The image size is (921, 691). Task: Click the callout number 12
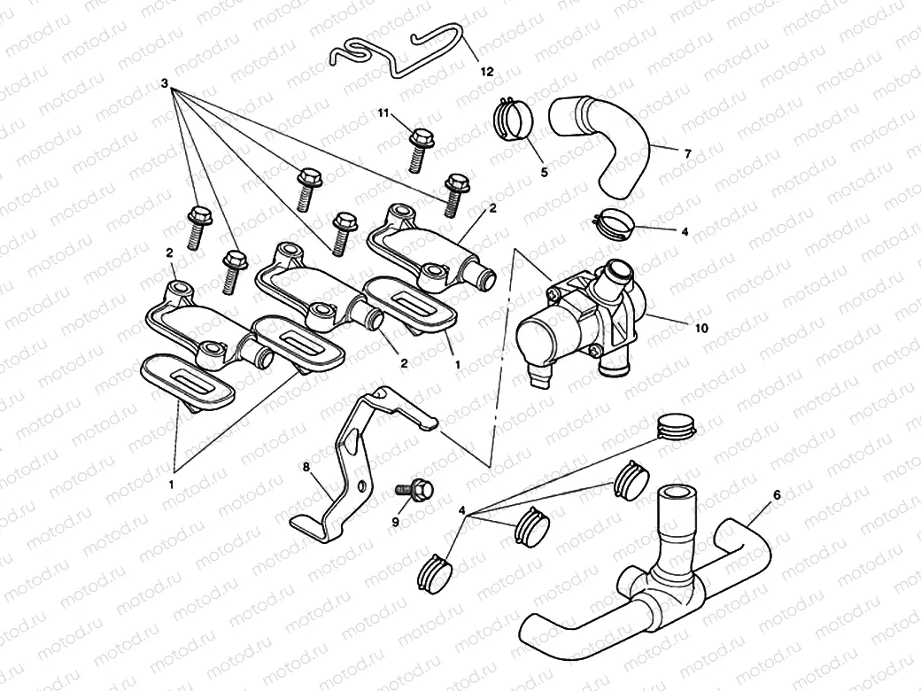pos(486,71)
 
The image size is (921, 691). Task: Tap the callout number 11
pos(383,113)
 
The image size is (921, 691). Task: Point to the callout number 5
pos(544,172)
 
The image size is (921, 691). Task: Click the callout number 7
pos(686,153)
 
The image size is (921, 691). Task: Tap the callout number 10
pos(700,328)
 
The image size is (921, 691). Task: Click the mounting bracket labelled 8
pos(354,461)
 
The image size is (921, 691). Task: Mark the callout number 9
pos(396,523)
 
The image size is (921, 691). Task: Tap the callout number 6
pos(777,495)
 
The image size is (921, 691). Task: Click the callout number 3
pos(165,82)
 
